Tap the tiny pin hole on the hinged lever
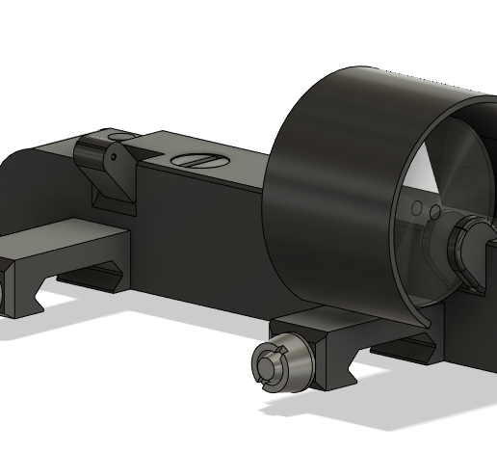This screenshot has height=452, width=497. [x=112, y=156]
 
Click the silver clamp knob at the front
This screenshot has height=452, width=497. [x=274, y=364]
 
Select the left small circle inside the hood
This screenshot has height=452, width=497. [x=416, y=208]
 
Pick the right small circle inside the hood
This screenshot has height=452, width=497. [x=434, y=211]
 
